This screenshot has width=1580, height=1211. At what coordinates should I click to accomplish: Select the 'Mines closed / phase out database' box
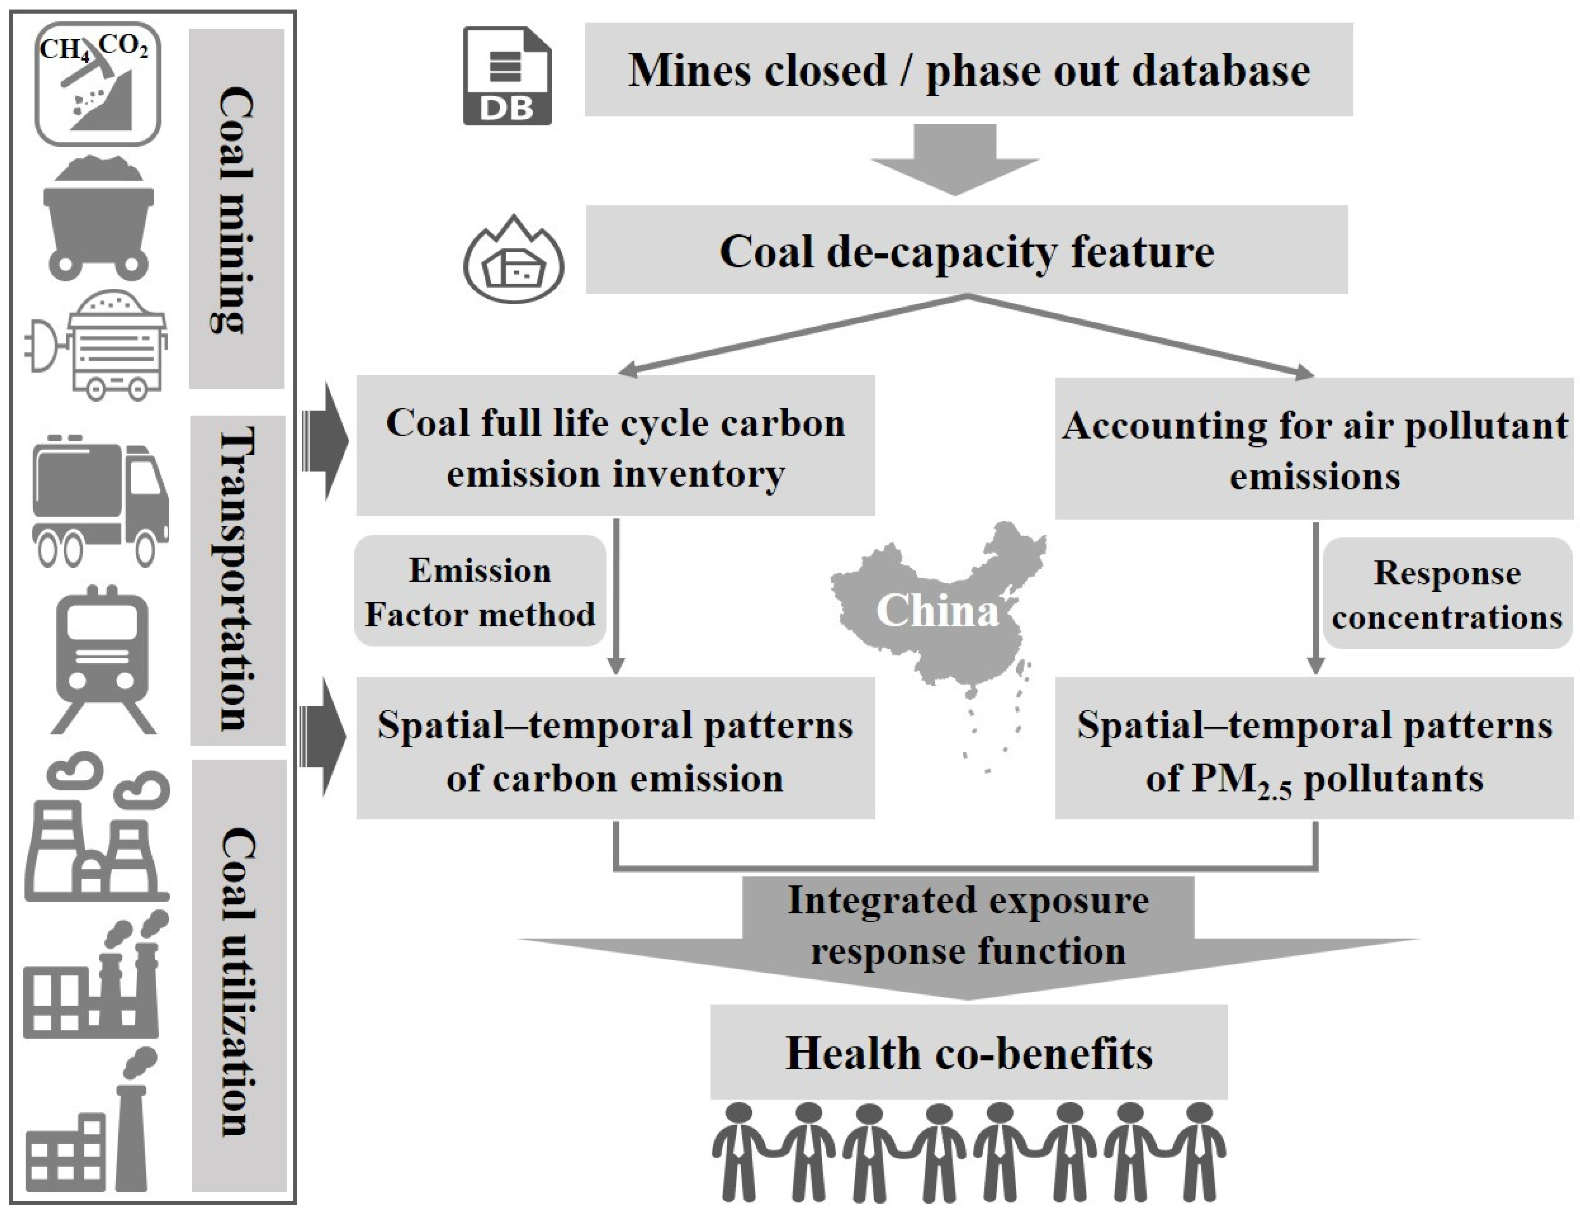968,70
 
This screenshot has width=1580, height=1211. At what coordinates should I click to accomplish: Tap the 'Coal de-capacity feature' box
966,250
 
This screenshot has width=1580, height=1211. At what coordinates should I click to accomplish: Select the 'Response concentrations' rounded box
1447,594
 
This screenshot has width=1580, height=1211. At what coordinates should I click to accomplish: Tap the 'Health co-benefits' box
968,1052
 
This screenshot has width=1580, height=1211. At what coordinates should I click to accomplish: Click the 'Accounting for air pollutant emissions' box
1314,448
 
